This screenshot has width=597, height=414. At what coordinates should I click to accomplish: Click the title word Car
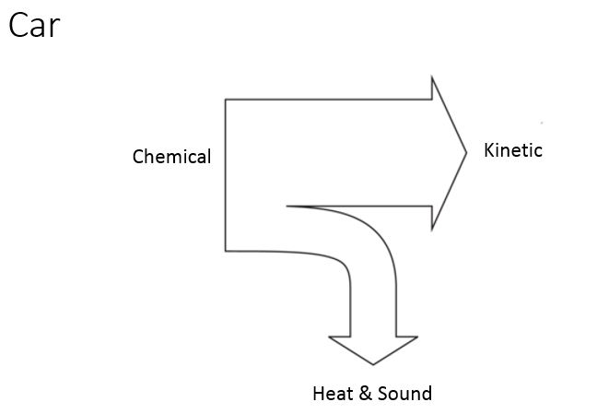34,25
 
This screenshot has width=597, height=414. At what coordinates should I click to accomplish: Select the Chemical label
171,157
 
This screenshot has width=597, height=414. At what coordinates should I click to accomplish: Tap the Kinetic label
513,150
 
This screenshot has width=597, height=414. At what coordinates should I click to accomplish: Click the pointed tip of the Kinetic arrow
467,152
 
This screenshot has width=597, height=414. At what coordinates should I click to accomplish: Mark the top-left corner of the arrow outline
226,99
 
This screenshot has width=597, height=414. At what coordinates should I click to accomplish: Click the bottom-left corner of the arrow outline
226,250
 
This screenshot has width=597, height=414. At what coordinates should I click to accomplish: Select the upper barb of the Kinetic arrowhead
432,77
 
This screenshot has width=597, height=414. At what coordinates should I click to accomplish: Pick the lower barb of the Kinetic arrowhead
432,230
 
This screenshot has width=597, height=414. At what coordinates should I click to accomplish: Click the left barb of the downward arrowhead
329,337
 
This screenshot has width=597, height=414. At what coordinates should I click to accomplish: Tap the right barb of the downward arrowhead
418,337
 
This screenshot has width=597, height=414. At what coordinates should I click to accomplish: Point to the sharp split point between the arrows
287,206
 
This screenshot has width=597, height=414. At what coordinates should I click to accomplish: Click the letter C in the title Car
18,25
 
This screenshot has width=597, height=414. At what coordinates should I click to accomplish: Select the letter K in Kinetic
489,150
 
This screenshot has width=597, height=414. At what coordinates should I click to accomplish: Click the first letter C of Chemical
138,157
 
